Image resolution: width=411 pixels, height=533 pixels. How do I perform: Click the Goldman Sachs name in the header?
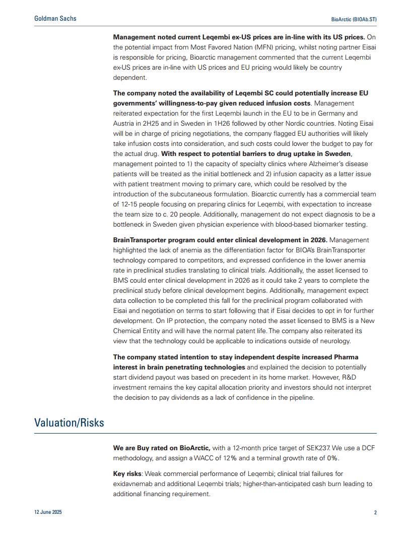coord(55,19)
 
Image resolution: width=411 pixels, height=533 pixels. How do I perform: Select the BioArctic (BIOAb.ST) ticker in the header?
coord(353,19)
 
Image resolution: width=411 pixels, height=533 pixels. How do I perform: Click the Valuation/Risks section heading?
coord(69,422)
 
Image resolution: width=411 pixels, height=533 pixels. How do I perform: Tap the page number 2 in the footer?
coord(375,512)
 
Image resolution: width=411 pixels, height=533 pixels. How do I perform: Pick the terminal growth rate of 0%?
coord(332,458)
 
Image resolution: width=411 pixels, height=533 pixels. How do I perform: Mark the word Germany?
coord(331,113)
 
